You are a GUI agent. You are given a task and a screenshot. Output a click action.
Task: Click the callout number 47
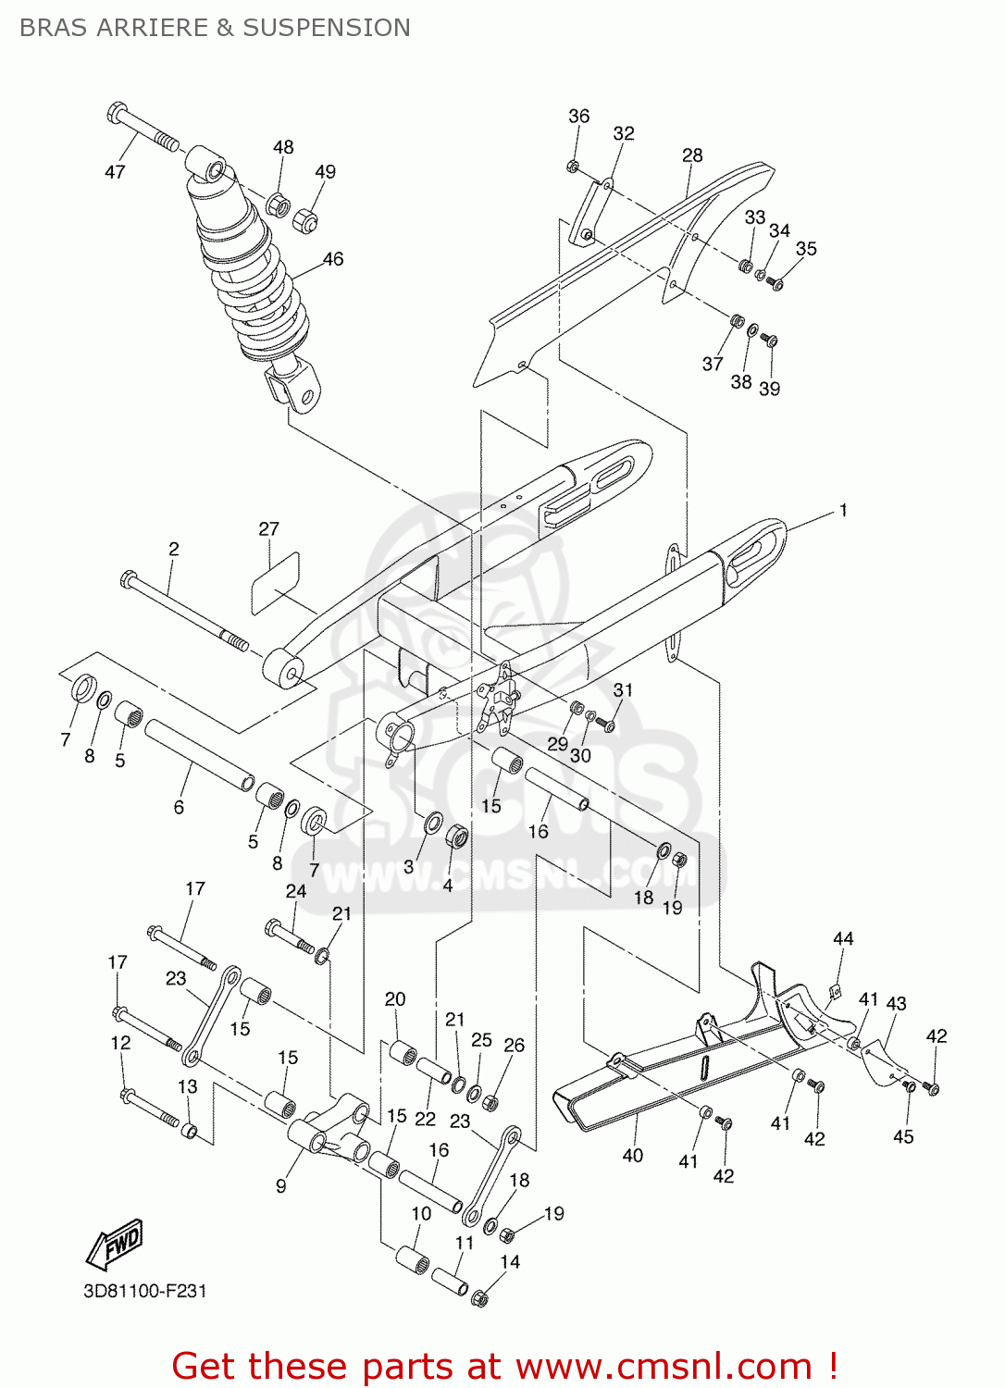pos(115,172)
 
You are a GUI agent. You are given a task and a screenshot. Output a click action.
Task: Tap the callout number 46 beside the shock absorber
pos(333,259)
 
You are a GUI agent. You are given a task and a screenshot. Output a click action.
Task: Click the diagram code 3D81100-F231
pos(145,1291)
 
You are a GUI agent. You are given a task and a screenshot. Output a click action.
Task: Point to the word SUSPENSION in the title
pos(327,28)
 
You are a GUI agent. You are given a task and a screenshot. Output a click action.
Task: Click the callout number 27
pos(268,529)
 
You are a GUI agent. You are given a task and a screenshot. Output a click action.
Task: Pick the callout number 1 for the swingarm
pos(843,510)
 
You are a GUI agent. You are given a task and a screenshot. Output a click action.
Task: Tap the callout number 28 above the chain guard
pos(692,155)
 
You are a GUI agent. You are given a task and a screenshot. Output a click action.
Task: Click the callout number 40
pos(633,1155)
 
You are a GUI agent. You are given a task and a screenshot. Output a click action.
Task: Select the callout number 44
pos(843,938)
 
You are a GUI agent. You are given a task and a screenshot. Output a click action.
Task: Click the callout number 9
pos(281,1185)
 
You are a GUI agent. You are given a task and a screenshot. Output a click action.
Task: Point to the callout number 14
pos(510,1261)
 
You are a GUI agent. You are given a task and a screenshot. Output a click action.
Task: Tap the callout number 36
pos(578,116)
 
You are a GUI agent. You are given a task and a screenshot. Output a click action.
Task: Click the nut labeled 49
pos(305,221)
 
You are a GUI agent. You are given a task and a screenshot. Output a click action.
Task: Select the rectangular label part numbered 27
pos(276,582)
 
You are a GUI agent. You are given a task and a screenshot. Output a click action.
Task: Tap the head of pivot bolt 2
pos(129,580)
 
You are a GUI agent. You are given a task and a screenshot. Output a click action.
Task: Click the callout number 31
pos(624,690)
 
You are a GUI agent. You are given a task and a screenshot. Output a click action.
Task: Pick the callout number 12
pos(120,1043)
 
